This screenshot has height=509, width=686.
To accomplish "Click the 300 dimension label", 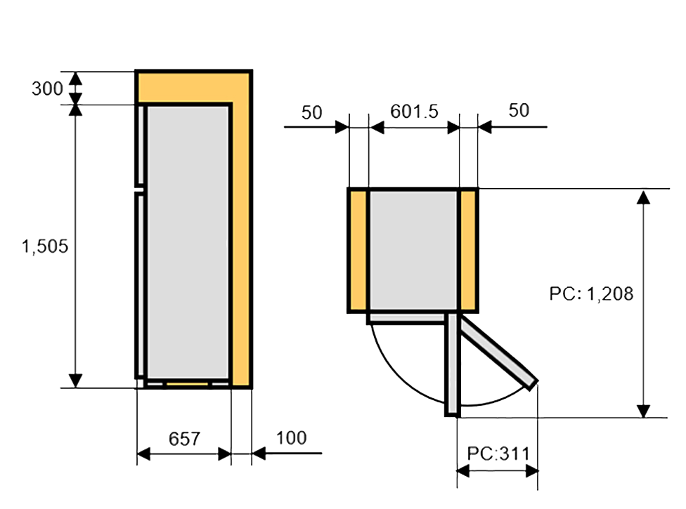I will pyautogui.click(x=47, y=88).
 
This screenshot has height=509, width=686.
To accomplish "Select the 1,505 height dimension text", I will pyautogui.click(x=45, y=246).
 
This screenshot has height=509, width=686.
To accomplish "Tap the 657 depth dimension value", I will pyautogui.click(x=184, y=439).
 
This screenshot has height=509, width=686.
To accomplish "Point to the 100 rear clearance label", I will pyautogui.click(x=291, y=438).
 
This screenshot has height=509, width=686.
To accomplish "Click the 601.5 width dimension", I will pyautogui.click(x=414, y=111).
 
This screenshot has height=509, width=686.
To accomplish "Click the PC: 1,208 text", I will pyautogui.click(x=591, y=293).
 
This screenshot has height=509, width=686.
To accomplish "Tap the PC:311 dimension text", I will pyautogui.click(x=498, y=453).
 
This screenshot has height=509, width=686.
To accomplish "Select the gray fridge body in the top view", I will pyautogui.click(x=413, y=249).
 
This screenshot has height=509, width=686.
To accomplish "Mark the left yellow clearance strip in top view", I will pyautogui.click(x=358, y=250).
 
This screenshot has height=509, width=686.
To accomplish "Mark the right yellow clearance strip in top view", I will pyautogui.click(x=469, y=250).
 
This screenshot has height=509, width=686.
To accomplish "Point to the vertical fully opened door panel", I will pyautogui.click(x=452, y=365).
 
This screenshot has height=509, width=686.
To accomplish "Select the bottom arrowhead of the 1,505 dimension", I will pyautogui.click(x=76, y=380).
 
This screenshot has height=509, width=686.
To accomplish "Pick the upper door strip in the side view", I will pyautogui.click(x=141, y=145).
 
